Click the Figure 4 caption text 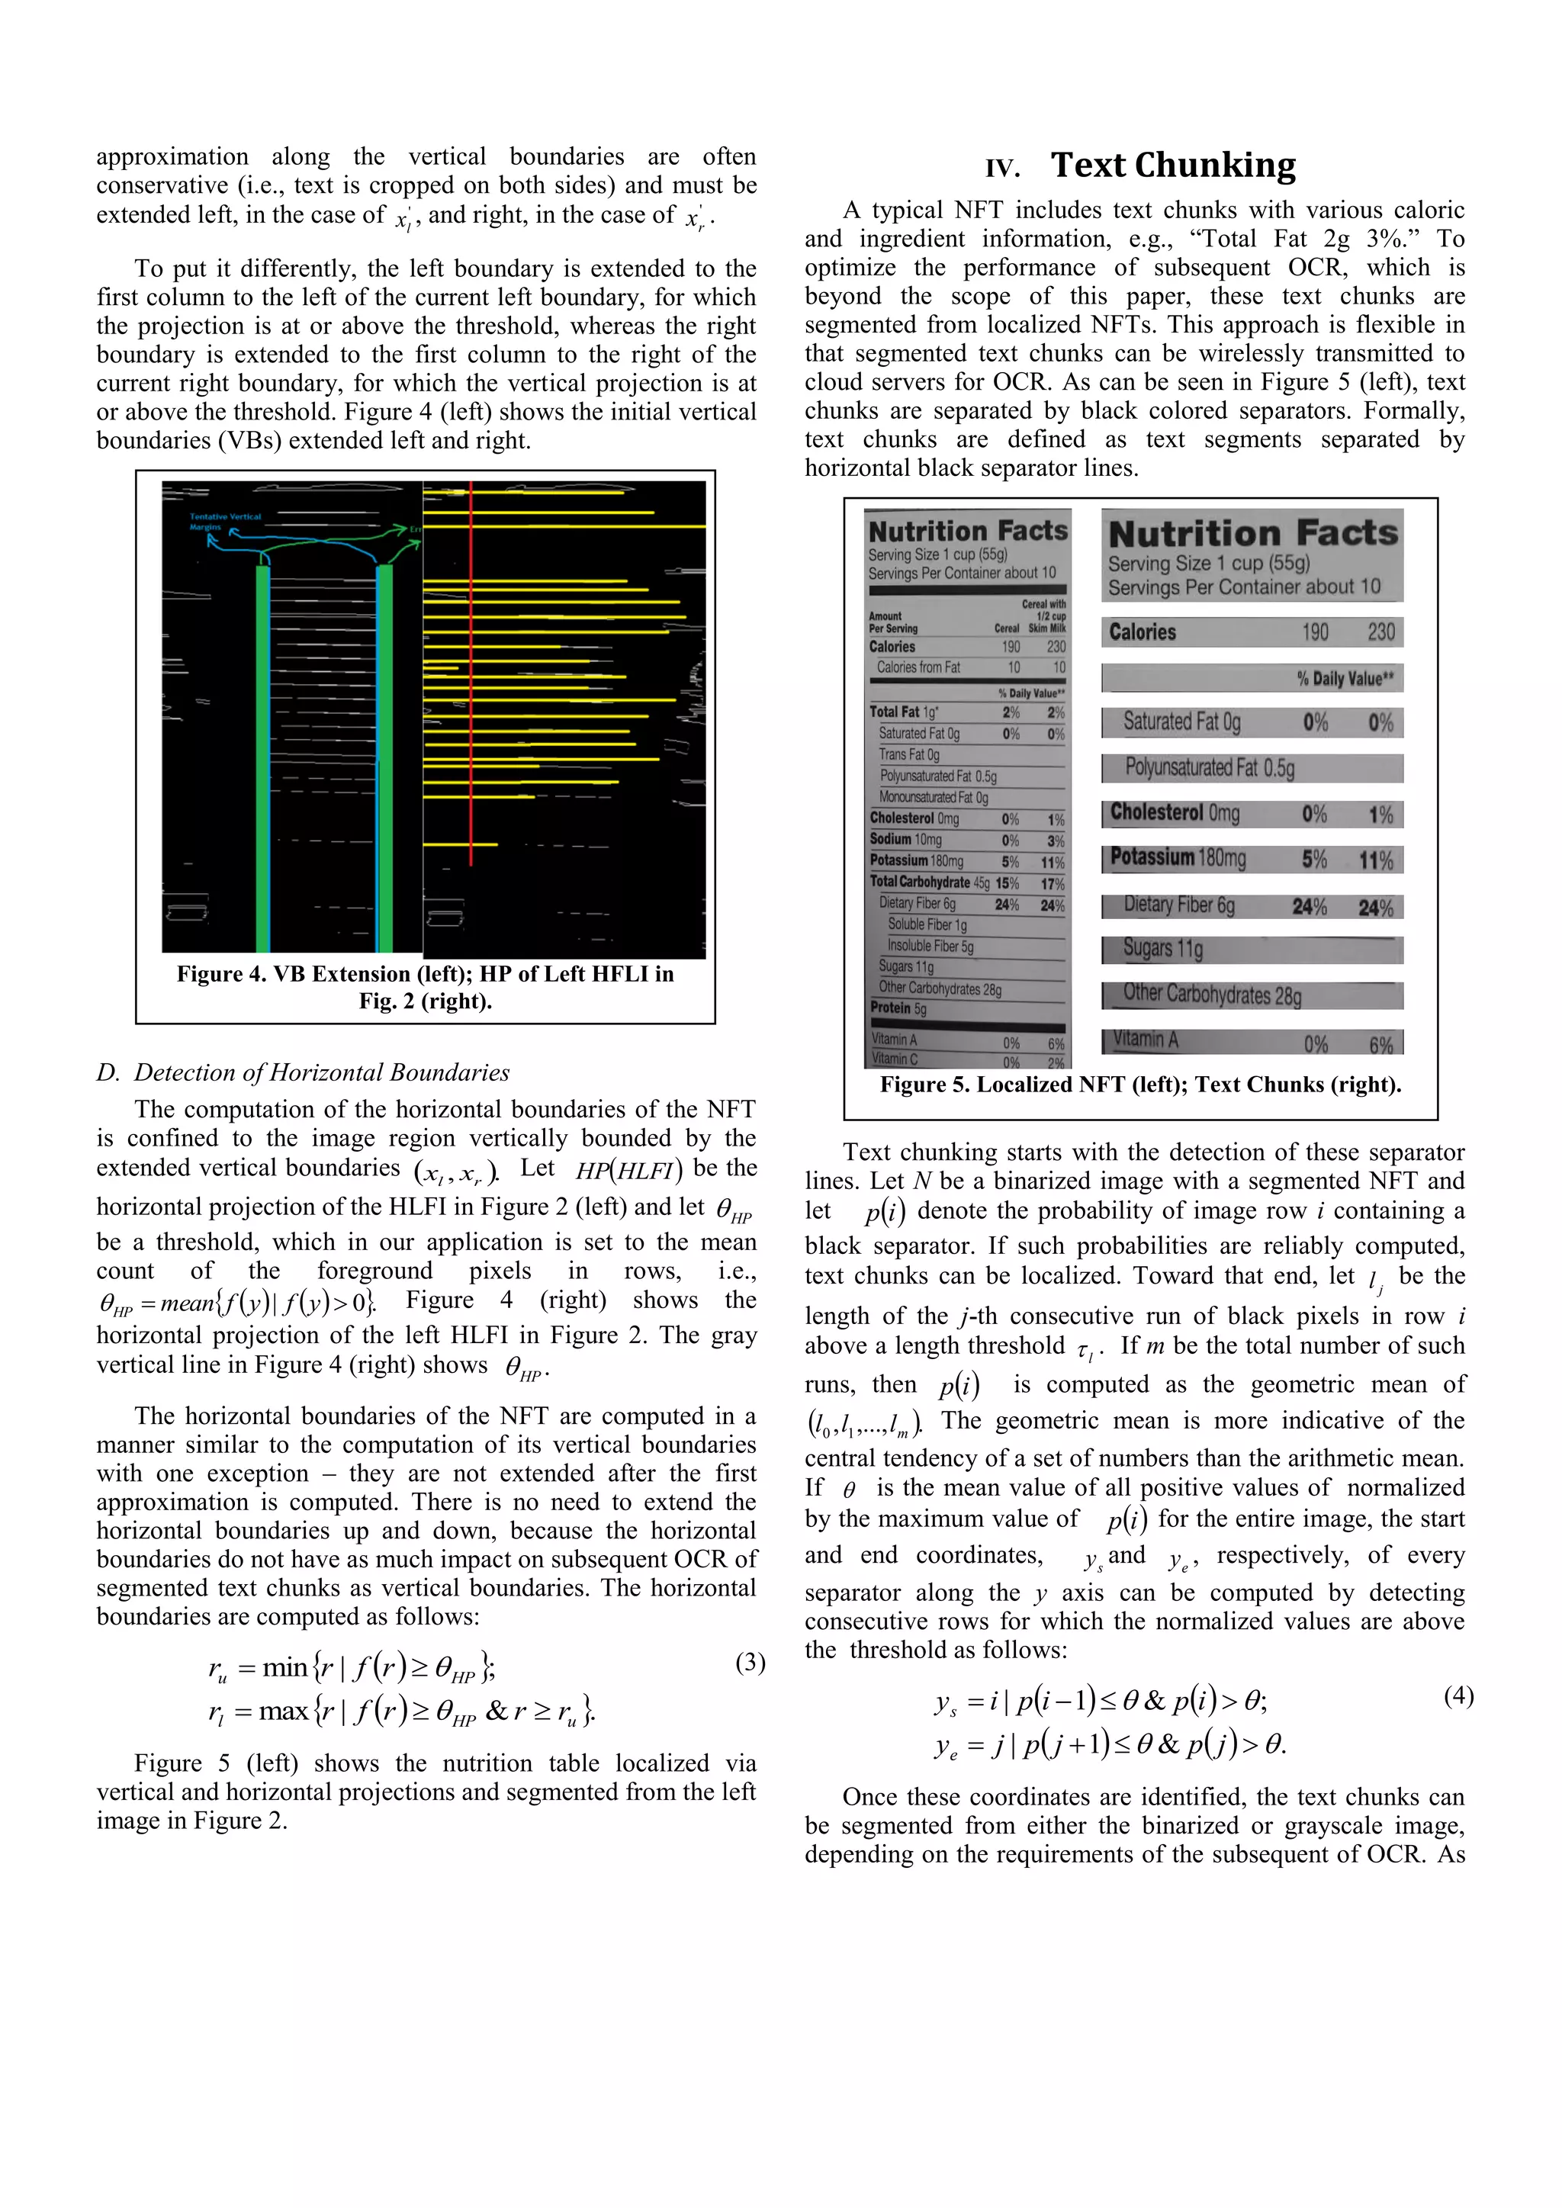pyautogui.click(x=425, y=987)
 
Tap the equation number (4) pyautogui.click(x=1458, y=1695)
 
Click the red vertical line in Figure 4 pyautogui.click(x=471, y=673)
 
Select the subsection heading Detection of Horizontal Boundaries pyautogui.click(x=303, y=1072)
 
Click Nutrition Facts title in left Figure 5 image pyautogui.click(x=968, y=531)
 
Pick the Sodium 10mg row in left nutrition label pyautogui.click(x=966, y=840)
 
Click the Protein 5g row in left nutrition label pyautogui.click(x=966, y=1008)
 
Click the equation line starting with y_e pyautogui.click(x=1111, y=1744)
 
